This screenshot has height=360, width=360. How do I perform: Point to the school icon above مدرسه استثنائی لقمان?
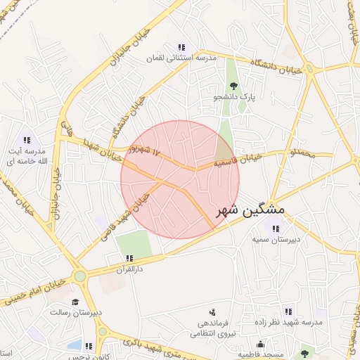[x=181, y=48]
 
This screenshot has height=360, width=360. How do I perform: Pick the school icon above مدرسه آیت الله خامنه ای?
[x=27, y=140]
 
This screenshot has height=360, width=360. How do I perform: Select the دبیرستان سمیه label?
[x=276, y=239]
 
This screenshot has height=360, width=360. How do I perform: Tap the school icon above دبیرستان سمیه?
[x=275, y=228]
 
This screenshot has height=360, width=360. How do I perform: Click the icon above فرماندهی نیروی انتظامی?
[x=212, y=311]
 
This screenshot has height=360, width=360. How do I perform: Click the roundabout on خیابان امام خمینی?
[x=80, y=277]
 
